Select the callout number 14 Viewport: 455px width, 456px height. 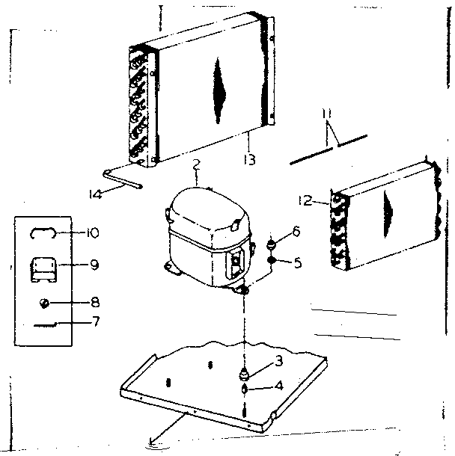[94, 194]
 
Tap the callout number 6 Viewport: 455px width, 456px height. [296, 232]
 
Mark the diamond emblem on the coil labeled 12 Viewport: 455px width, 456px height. [388, 203]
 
